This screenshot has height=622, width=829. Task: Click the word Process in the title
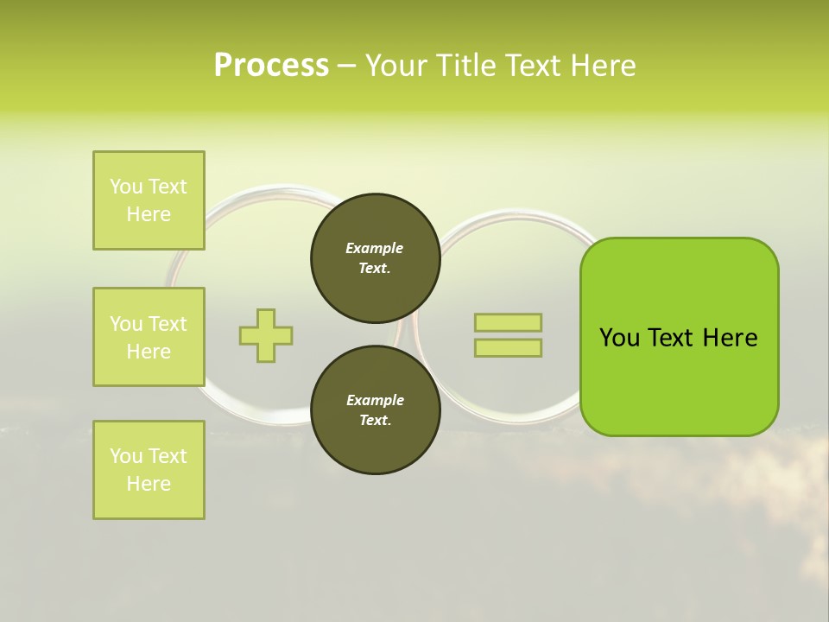coord(271,66)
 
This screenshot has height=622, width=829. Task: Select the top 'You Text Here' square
coord(149,200)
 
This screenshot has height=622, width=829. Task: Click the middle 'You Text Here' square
coord(149,337)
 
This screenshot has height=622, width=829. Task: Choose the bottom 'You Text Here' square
coord(149,470)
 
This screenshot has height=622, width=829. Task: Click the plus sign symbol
coord(266,335)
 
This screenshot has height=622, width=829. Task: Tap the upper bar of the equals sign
coord(508,322)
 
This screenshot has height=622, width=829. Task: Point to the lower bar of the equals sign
coord(508,347)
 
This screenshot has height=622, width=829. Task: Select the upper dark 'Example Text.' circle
coord(375,258)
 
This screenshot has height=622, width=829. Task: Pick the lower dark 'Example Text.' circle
coord(375,410)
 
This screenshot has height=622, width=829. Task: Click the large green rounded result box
coord(679,337)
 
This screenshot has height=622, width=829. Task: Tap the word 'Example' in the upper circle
coord(375,248)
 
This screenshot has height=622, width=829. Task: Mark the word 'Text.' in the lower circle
coord(375,421)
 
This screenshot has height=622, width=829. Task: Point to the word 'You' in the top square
coord(126,187)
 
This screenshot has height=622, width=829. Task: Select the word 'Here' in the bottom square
coord(149,484)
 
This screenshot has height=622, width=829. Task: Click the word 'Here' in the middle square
coord(149,352)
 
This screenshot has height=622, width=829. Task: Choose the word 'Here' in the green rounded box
coord(730,338)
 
